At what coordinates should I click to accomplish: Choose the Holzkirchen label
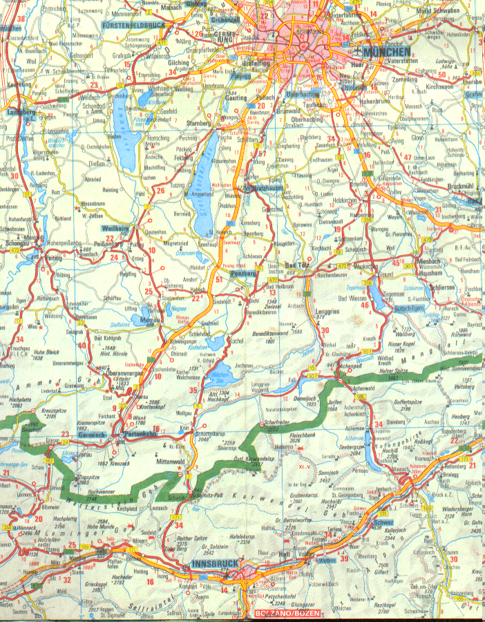(x=348, y=200)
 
